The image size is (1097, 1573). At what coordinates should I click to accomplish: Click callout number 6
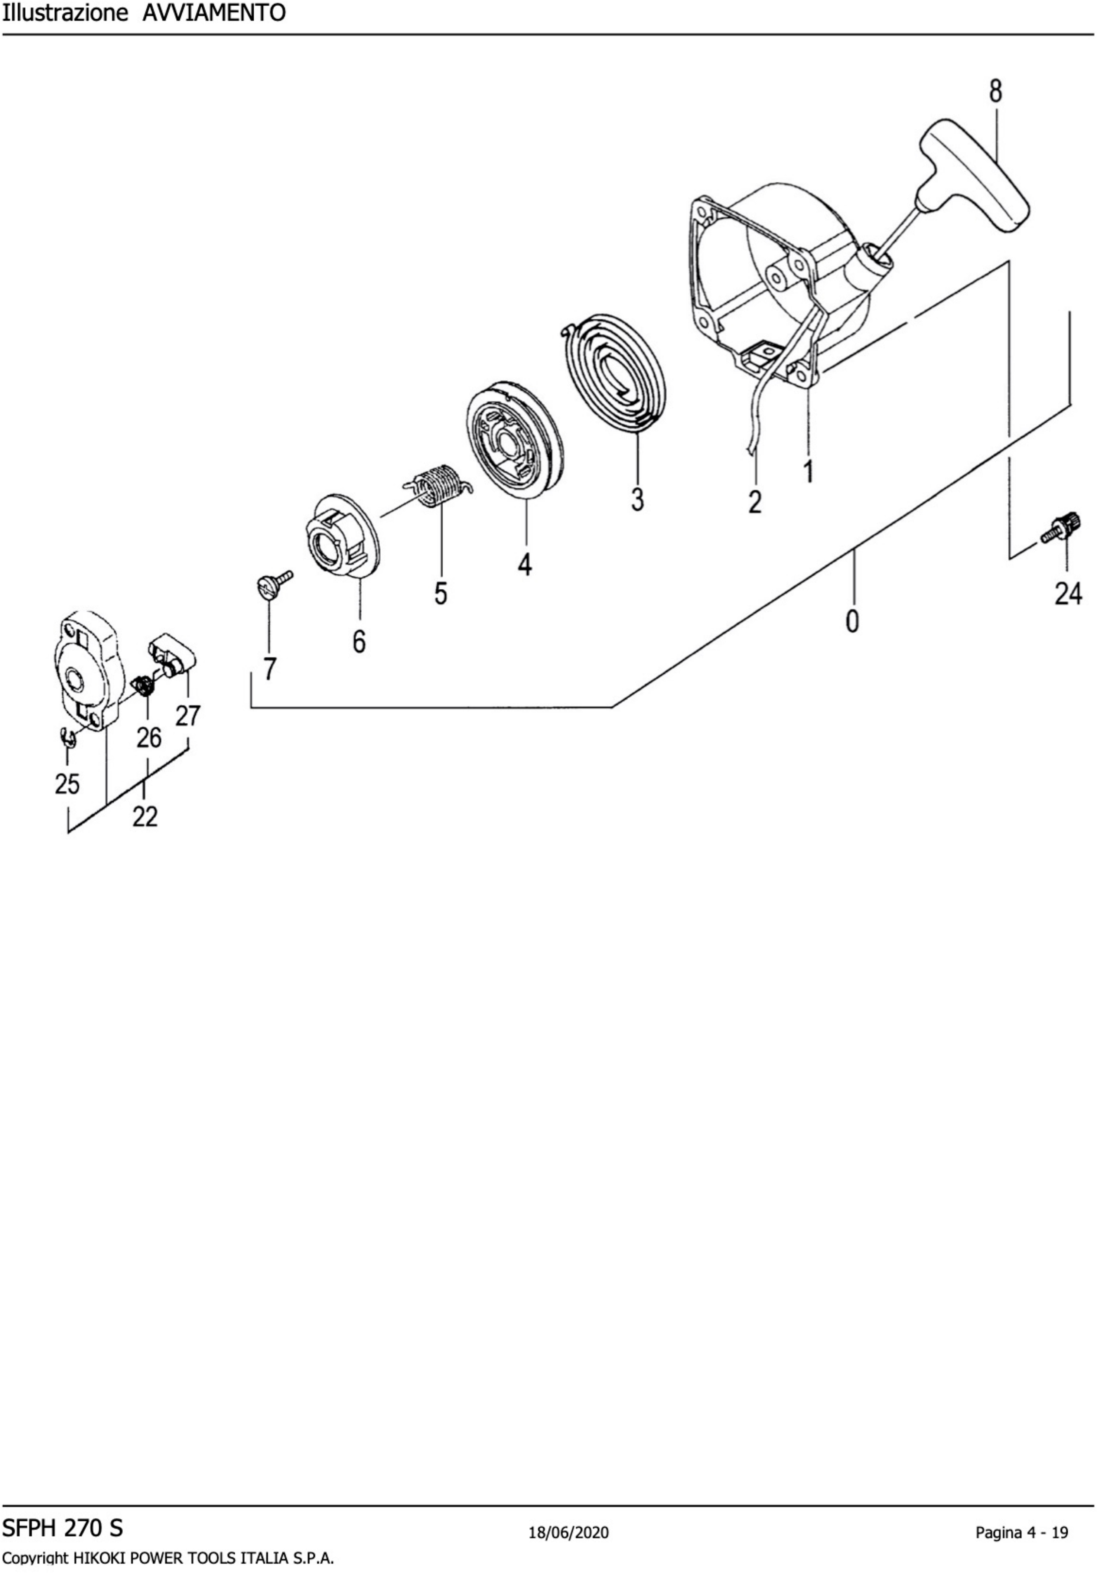359,641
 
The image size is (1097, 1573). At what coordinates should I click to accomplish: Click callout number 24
1068,593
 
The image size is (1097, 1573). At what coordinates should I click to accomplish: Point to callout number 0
852,621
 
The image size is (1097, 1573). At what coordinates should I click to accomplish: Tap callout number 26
149,738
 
